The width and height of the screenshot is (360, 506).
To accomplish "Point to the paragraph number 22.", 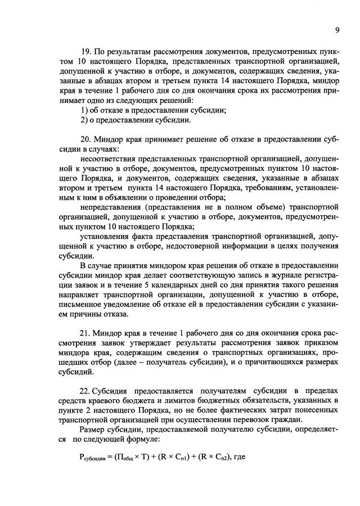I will pos(87,390).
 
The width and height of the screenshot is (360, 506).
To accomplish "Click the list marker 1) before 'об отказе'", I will pos(85,110).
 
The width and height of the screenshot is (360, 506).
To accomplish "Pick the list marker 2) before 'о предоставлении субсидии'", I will pos(85,120).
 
